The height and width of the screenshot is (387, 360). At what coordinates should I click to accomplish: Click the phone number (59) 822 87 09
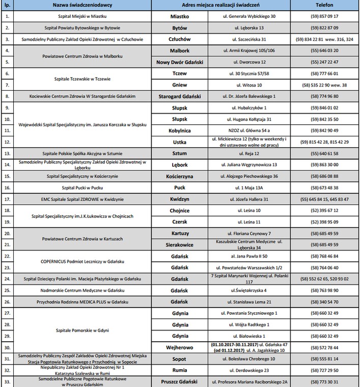(x=324, y=27)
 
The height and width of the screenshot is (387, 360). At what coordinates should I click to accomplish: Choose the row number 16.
(x=7, y=187)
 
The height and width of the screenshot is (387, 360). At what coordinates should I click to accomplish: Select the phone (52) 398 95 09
(x=324, y=222)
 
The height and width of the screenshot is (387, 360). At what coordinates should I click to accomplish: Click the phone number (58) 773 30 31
(x=324, y=381)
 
